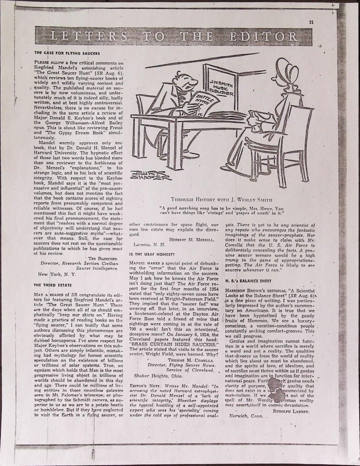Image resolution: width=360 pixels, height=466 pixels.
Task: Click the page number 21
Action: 311,22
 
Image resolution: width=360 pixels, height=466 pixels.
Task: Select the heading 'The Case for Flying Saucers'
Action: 67,53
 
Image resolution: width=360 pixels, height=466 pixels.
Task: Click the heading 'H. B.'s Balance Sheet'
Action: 248,281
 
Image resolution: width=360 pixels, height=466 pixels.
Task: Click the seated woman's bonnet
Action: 281,69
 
